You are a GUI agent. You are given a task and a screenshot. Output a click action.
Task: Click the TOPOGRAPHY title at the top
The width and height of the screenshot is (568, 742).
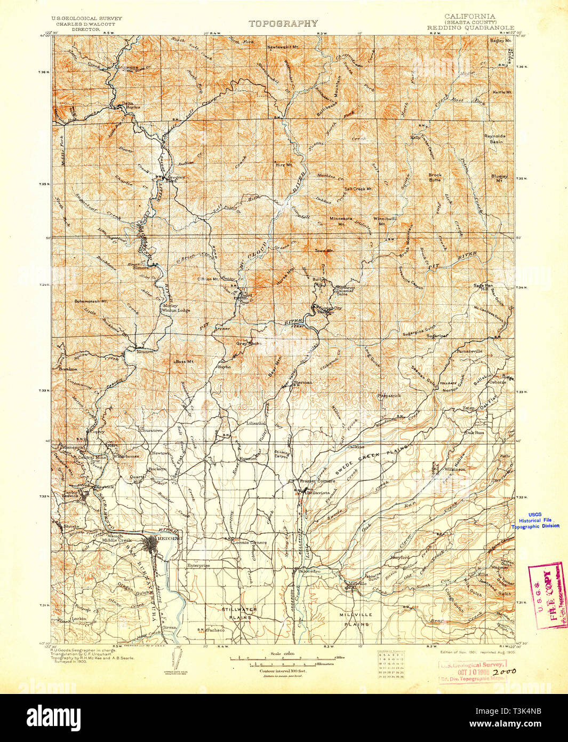(283, 23)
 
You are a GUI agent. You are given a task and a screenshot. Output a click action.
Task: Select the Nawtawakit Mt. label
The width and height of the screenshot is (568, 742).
(284, 47)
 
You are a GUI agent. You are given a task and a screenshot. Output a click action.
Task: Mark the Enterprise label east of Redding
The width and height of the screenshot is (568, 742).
(198, 565)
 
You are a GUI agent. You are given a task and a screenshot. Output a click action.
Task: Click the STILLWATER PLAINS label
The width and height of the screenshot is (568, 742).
(239, 613)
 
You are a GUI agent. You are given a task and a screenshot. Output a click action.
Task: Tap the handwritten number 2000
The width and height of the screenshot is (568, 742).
(504, 671)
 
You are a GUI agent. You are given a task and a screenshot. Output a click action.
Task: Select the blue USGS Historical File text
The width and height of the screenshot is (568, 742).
(535, 520)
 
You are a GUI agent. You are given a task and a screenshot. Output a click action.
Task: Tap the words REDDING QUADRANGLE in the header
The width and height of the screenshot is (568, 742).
(470, 28)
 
